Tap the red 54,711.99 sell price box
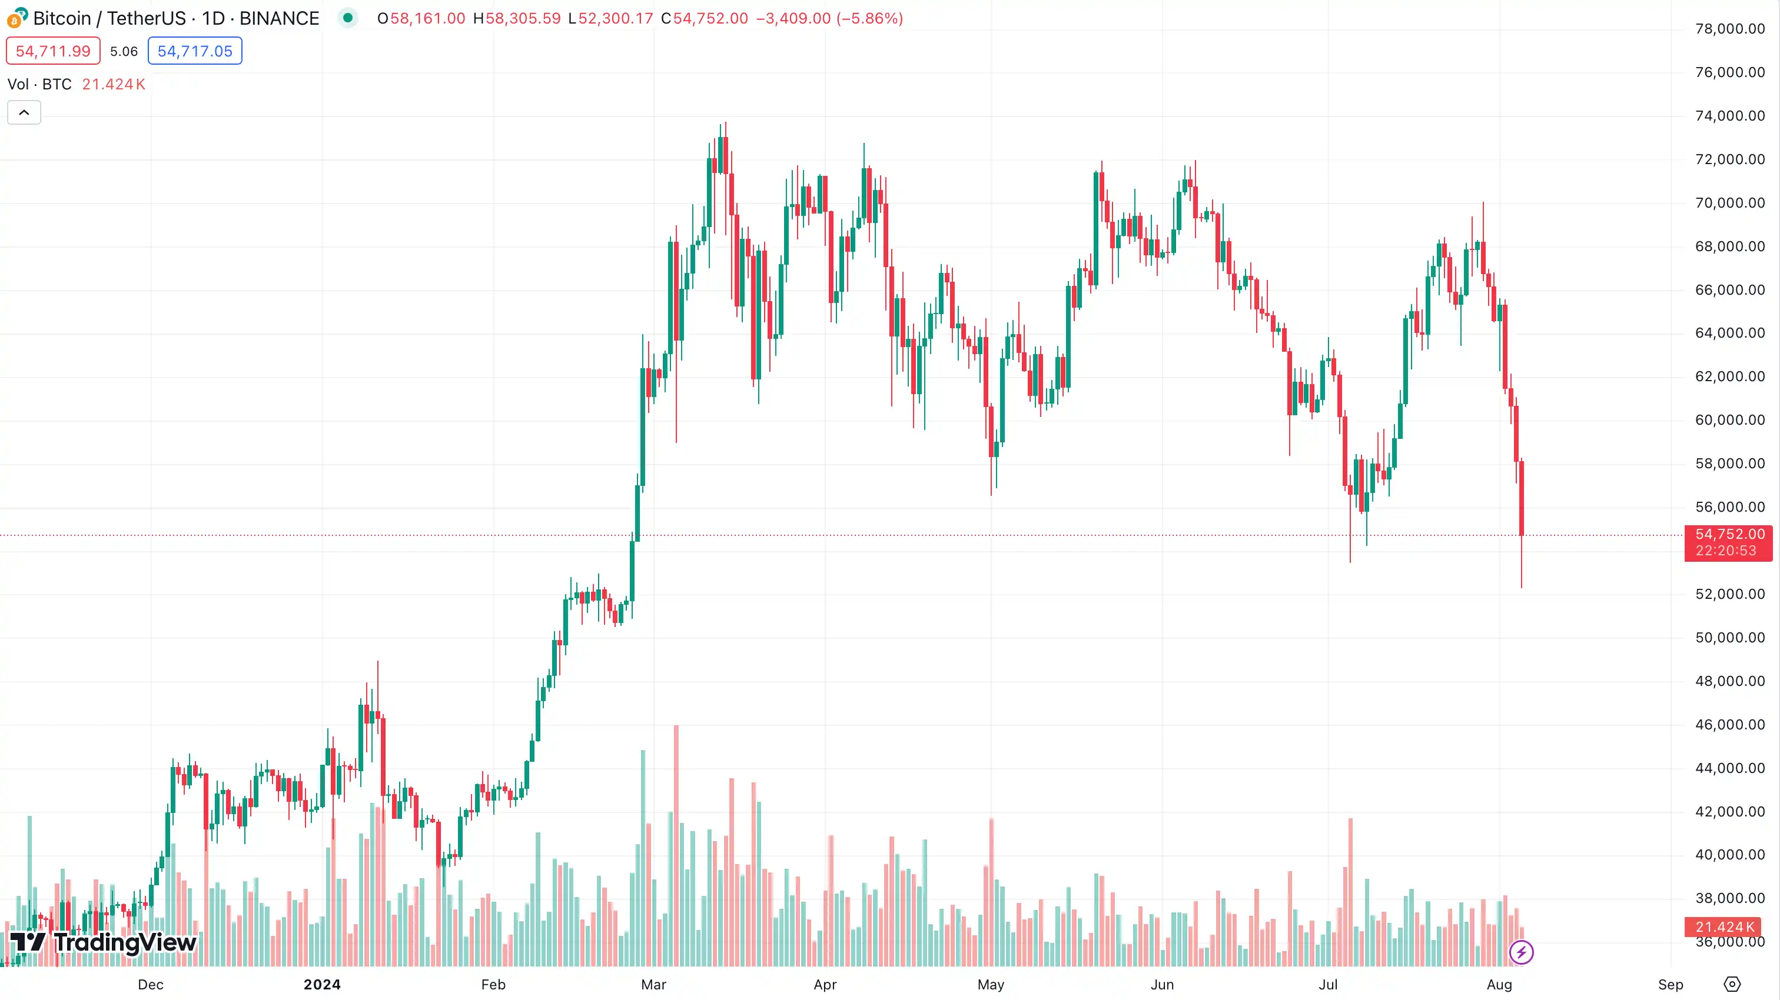(53, 51)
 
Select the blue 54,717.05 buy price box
(195, 51)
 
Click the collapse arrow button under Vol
(24, 112)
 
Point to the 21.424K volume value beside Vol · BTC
(114, 84)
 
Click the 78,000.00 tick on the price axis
(1729, 29)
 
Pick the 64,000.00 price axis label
(1729, 333)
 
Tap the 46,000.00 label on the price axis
(1729, 725)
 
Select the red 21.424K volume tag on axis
(1723, 927)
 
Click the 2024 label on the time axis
(322, 985)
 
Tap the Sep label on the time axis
(1670, 985)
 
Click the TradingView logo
(104, 942)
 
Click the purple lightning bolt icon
(1521, 952)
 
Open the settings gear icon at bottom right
(1732, 984)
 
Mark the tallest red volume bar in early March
(676, 842)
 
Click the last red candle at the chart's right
(1522, 497)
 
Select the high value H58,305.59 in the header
(517, 19)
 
